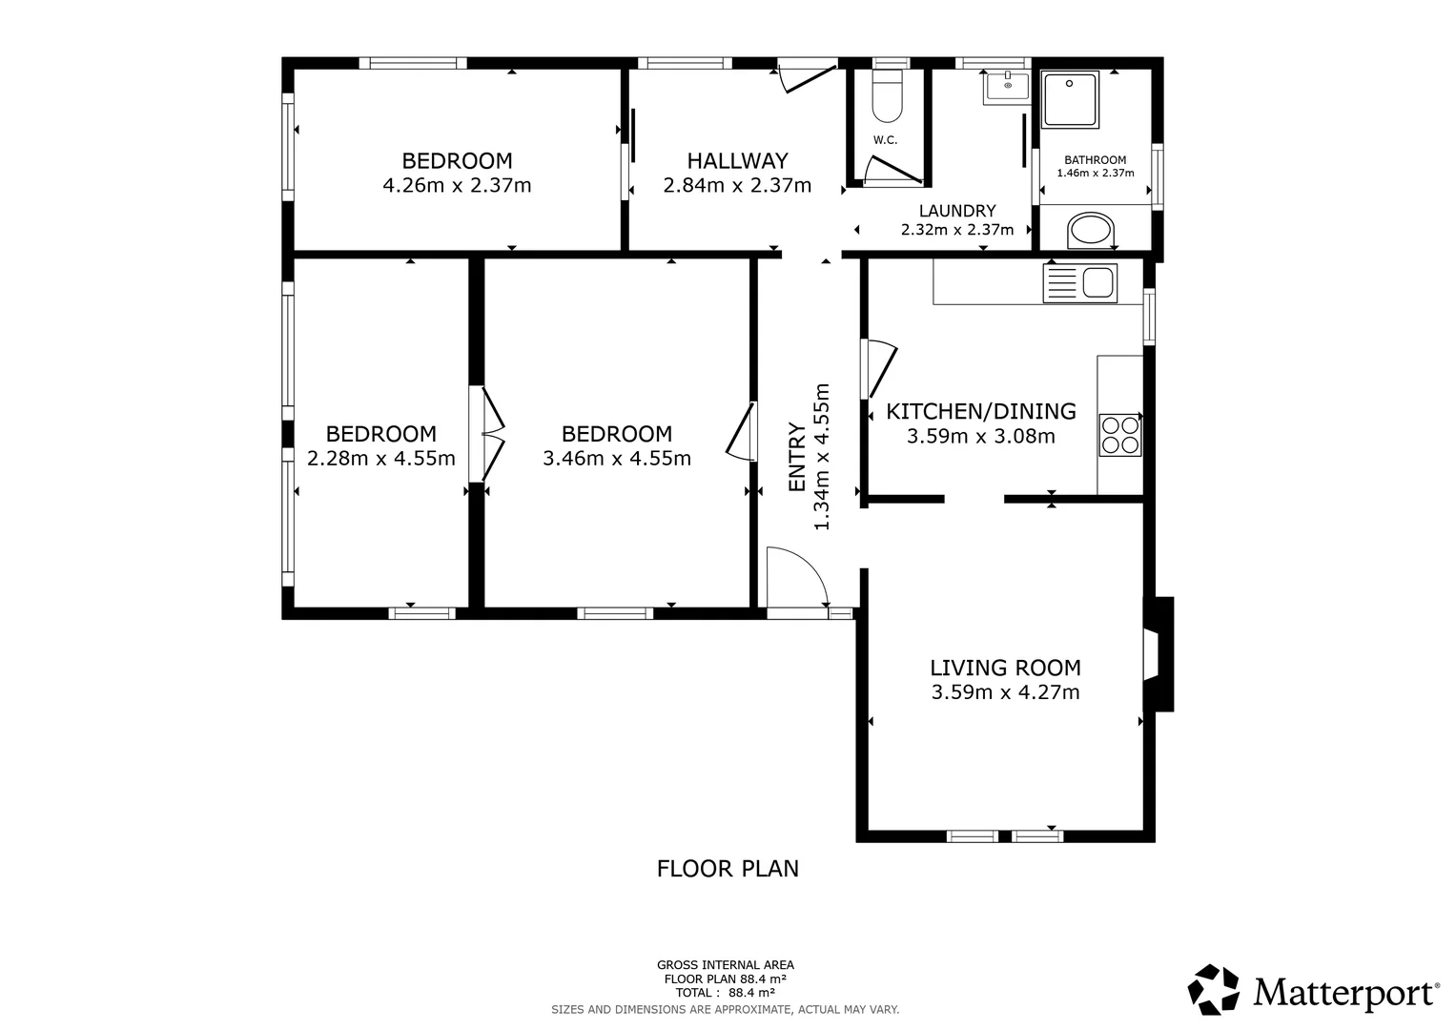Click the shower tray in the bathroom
[1071, 99]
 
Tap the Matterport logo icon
[1213, 989]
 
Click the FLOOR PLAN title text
[728, 869]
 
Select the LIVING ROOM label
[1005, 668]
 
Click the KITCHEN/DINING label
[981, 411]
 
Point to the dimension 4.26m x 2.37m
[457, 185]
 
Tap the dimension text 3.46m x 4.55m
[617, 459]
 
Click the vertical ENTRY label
[797, 457]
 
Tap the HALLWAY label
[737, 160]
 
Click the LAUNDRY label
[957, 211]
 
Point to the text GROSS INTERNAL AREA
[725, 965]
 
